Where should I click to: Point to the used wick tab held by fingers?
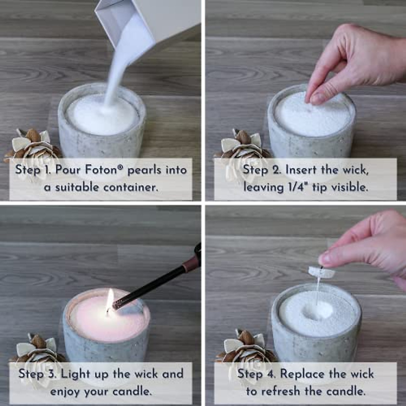click(321, 272)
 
